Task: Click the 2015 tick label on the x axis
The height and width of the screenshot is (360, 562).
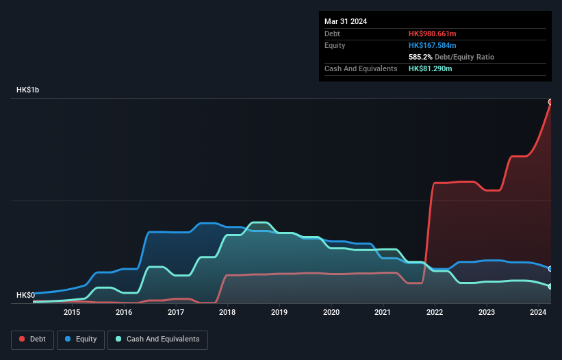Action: coord(72,313)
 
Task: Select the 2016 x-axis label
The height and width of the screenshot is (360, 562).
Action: coord(124,313)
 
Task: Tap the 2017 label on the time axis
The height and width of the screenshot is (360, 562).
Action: coord(176,313)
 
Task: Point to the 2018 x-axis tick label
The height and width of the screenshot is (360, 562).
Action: coord(227,313)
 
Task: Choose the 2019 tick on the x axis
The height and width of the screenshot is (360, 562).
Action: coord(279,313)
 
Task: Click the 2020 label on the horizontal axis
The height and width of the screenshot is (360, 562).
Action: coord(331,313)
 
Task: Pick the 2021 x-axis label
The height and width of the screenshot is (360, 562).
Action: coord(383,313)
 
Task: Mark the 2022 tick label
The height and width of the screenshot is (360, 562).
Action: coord(435,313)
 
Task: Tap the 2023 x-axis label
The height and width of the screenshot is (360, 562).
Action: coord(487,313)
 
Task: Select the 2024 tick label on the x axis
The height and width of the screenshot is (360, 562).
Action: coord(538,313)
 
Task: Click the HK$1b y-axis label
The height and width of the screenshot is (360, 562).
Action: coord(28,90)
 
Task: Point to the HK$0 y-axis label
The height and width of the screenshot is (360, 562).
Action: coord(25,295)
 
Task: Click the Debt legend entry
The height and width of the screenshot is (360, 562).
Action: coord(31,339)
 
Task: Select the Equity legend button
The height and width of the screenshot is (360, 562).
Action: coord(81,339)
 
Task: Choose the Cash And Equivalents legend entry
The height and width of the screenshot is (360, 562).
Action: coord(157,339)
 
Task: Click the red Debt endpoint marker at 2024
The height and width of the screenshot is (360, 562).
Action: coord(550,102)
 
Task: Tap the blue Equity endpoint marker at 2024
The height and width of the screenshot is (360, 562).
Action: coord(550,269)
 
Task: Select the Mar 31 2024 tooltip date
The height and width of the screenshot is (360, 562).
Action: coord(346,21)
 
